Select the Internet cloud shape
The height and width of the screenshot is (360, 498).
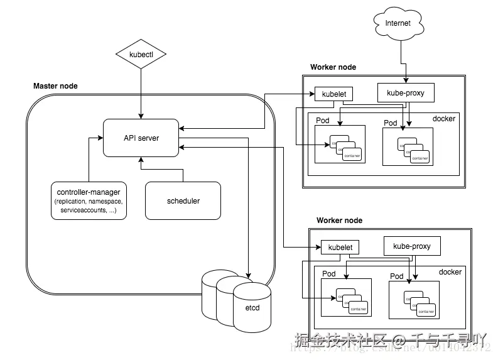click(x=398, y=24)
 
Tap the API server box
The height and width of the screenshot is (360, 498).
click(x=141, y=138)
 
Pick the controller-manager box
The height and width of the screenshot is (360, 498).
click(x=89, y=200)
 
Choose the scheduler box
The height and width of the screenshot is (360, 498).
click(x=183, y=200)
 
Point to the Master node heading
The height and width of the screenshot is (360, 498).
click(x=55, y=86)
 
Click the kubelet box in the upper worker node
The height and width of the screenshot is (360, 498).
click(x=333, y=94)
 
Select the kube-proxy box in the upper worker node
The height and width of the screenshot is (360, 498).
click(x=406, y=94)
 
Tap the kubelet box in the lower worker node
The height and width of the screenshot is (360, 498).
click(x=340, y=248)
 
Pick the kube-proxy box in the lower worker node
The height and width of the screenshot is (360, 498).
click(x=411, y=246)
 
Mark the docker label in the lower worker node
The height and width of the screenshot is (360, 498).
click(x=450, y=272)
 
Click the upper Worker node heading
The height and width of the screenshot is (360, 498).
click(x=333, y=67)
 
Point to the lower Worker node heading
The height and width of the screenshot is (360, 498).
click(x=339, y=221)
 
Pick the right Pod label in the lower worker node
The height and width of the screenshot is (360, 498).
click(x=397, y=276)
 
